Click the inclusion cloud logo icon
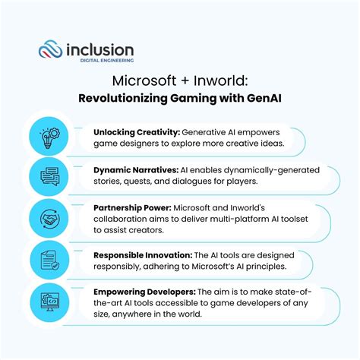[x=50, y=49]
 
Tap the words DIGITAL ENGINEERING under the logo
[x=107, y=61]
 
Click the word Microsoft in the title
[x=144, y=81]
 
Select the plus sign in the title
[x=185, y=81]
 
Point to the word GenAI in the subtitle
[x=264, y=98]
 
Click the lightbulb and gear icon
[x=50, y=138]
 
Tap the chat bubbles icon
[x=50, y=176]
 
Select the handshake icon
[x=50, y=219]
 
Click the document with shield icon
[x=50, y=261]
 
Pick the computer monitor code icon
[x=50, y=302]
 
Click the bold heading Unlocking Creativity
[x=137, y=132]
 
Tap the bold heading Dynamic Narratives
[x=136, y=170]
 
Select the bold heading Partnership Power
[x=133, y=208]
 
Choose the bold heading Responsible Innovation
[x=143, y=255]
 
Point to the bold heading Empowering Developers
[x=144, y=292]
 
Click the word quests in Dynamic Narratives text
[x=137, y=182]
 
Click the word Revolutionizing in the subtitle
[x=123, y=98]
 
